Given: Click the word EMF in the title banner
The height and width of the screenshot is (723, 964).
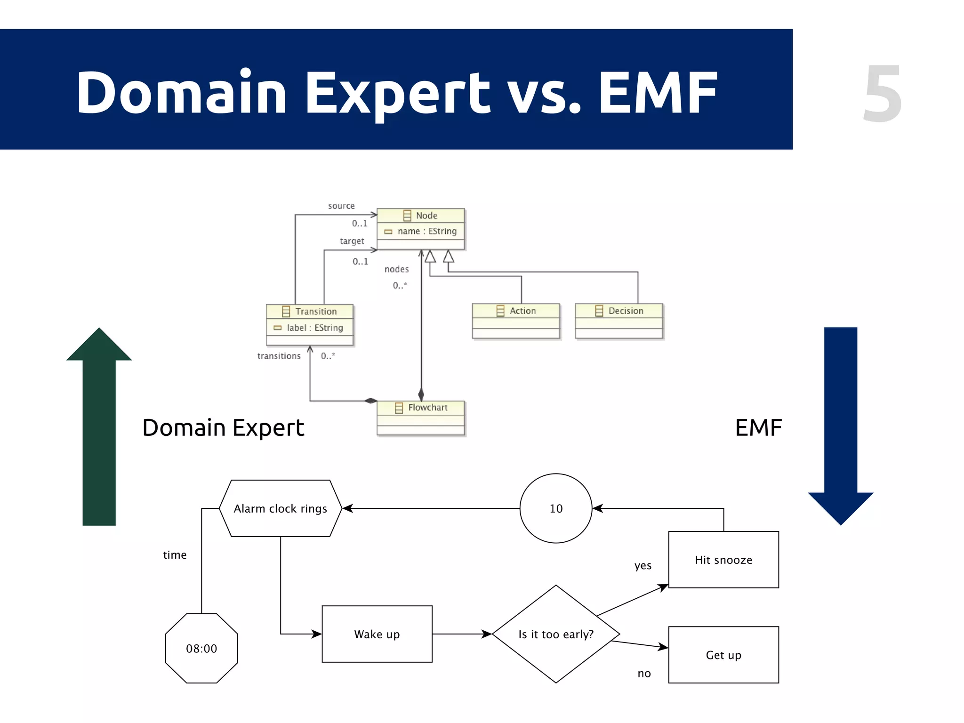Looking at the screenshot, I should tap(658, 93).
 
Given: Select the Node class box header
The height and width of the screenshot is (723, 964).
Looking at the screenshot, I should tap(421, 216).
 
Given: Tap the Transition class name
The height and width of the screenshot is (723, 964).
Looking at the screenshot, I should tap(316, 312).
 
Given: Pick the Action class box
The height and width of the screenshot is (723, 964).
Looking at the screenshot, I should tap(516, 321).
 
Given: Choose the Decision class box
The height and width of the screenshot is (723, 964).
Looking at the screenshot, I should tap(619, 321).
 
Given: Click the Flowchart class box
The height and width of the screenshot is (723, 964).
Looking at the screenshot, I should tap(421, 418).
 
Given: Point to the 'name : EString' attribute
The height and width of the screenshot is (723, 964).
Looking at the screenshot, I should tap(426, 231).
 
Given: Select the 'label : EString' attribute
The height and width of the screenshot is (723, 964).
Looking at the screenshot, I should tap(314, 328).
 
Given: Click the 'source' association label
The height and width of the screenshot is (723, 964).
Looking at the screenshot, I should tap(341, 206).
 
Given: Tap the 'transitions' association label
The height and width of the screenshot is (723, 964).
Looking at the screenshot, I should tap(279, 356).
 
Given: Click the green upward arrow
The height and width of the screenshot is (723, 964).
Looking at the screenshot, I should tap(99, 426).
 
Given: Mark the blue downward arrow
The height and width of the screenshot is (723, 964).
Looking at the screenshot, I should tap(841, 426).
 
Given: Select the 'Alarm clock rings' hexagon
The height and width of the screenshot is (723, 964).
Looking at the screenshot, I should tap(281, 508).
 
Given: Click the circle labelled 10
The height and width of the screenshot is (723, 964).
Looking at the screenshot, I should tap(556, 508).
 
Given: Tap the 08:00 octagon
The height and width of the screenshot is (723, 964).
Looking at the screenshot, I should tap(201, 648).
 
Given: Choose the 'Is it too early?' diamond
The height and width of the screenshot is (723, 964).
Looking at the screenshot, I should tap(556, 634).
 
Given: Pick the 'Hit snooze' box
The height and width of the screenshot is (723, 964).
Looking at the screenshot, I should tap(723, 560).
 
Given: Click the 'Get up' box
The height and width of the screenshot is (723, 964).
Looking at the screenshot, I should tap(723, 655).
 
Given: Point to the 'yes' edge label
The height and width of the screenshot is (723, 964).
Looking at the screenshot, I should tap(643, 565).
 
